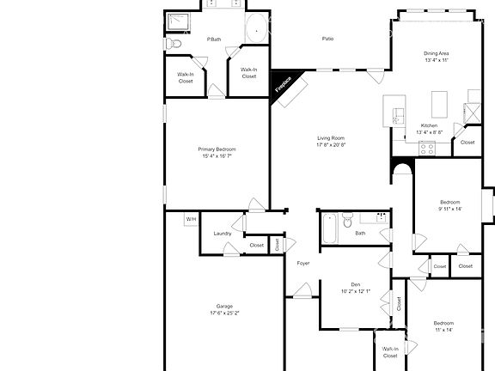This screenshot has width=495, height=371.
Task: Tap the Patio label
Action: [x=327, y=39]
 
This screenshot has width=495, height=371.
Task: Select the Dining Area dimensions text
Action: [x=437, y=61]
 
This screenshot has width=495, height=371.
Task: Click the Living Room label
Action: [x=331, y=138]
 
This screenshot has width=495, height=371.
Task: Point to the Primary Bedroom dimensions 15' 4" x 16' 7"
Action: [x=217, y=156]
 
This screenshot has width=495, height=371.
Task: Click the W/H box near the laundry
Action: [x=190, y=220]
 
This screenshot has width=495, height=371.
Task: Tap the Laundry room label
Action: [x=223, y=234]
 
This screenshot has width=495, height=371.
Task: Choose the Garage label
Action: [x=225, y=307]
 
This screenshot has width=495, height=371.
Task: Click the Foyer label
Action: [x=303, y=263]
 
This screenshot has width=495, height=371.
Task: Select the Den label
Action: [x=355, y=284]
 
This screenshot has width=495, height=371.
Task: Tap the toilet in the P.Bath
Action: [x=174, y=44]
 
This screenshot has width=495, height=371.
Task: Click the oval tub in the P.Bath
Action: [x=257, y=31]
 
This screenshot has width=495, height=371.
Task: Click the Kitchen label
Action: [x=429, y=125]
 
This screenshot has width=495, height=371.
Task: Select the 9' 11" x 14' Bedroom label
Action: [x=450, y=203]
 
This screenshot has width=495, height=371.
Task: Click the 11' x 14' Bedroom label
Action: [x=443, y=323]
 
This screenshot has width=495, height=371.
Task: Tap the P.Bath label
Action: [x=214, y=40]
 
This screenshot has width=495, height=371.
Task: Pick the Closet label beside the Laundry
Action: [x=257, y=245]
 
